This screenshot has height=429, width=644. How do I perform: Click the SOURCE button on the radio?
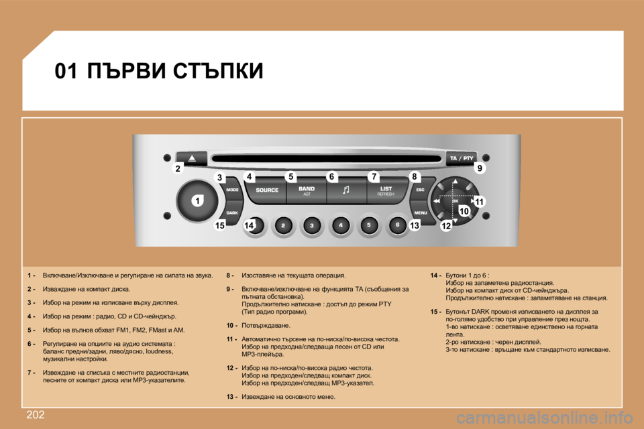[x=266, y=190]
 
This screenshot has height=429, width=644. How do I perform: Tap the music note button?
[x=346, y=190]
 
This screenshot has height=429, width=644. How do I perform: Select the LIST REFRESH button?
[x=386, y=190]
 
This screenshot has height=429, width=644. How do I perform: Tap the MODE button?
[x=232, y=190]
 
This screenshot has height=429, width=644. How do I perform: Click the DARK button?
[x=231, y=212]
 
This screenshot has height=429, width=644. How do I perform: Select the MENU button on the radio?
[x=421, y=212]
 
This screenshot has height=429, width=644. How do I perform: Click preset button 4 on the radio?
[x=340, y=226]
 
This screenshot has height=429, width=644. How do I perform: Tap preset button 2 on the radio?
[x=283, y=226]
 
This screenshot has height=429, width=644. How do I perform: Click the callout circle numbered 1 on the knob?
[x=199, y=201]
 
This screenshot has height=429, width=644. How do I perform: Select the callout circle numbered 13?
[x=414, y=227]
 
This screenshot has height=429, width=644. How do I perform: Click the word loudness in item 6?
[x=158, y=351]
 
